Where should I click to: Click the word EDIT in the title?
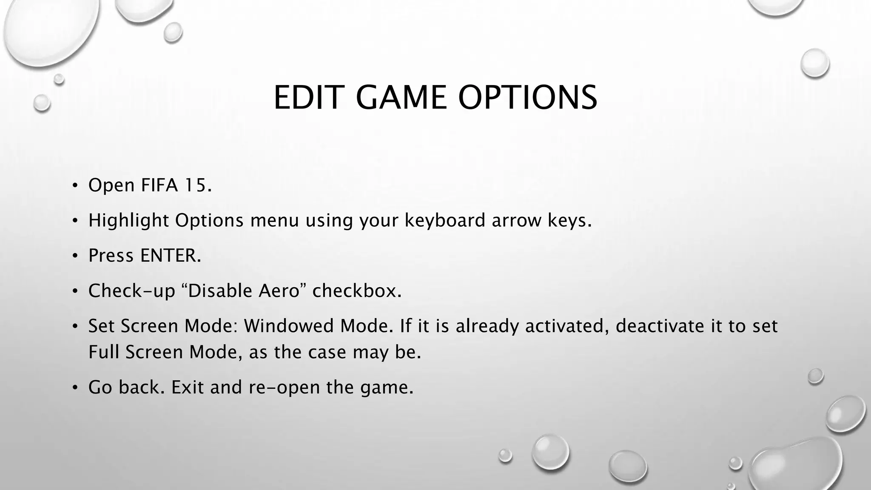307,97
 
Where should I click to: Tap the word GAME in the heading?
401,97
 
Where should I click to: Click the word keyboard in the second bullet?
444,220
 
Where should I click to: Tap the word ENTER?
170,256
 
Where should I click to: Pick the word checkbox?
356,291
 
